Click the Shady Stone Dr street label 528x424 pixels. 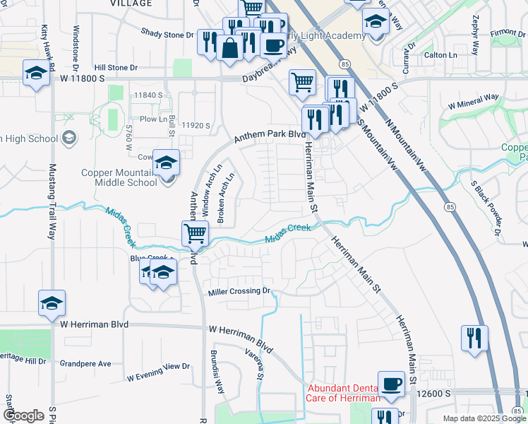coord(167,33)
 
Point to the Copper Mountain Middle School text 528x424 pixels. coord(119,177)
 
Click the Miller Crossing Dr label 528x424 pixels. coord(239,291)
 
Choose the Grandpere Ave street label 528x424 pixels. coord(85,364)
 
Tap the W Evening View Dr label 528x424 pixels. coord(159,372)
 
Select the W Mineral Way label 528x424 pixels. coord(474,101)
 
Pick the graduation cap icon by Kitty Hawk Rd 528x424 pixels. coord(35,73)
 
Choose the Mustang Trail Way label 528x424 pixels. coord(52,201)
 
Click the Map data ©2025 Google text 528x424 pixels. coord(484,418)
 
